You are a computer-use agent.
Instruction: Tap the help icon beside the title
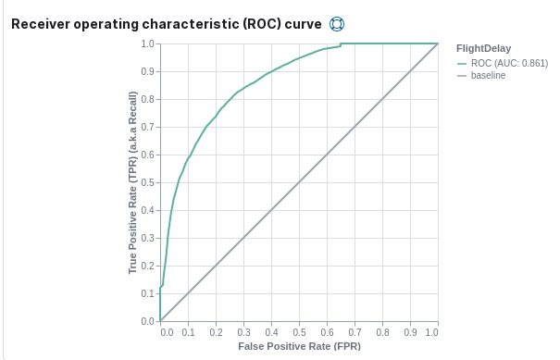[337, 22]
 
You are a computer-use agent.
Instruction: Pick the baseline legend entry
[488, 75]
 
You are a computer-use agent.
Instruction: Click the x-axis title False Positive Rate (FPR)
[298, 346]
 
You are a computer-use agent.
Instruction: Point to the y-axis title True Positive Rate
[133, 182]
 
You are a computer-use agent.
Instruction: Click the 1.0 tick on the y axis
[147, 43]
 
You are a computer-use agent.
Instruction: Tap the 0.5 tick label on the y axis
[147, 182]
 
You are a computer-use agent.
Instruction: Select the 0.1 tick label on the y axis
[147, 293]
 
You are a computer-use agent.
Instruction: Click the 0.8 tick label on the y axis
[147, 99]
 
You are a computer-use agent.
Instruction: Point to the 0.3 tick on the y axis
[147, 238]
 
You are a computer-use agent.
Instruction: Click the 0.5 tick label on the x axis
[299, 330]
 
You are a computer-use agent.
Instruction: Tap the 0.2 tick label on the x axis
[216, 330]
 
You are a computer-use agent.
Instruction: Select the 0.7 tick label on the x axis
[355, 330]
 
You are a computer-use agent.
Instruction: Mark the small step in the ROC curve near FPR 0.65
[341, 44]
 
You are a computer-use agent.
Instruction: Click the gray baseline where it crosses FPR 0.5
[299, 182]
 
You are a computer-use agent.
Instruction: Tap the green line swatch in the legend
[463, 62]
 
